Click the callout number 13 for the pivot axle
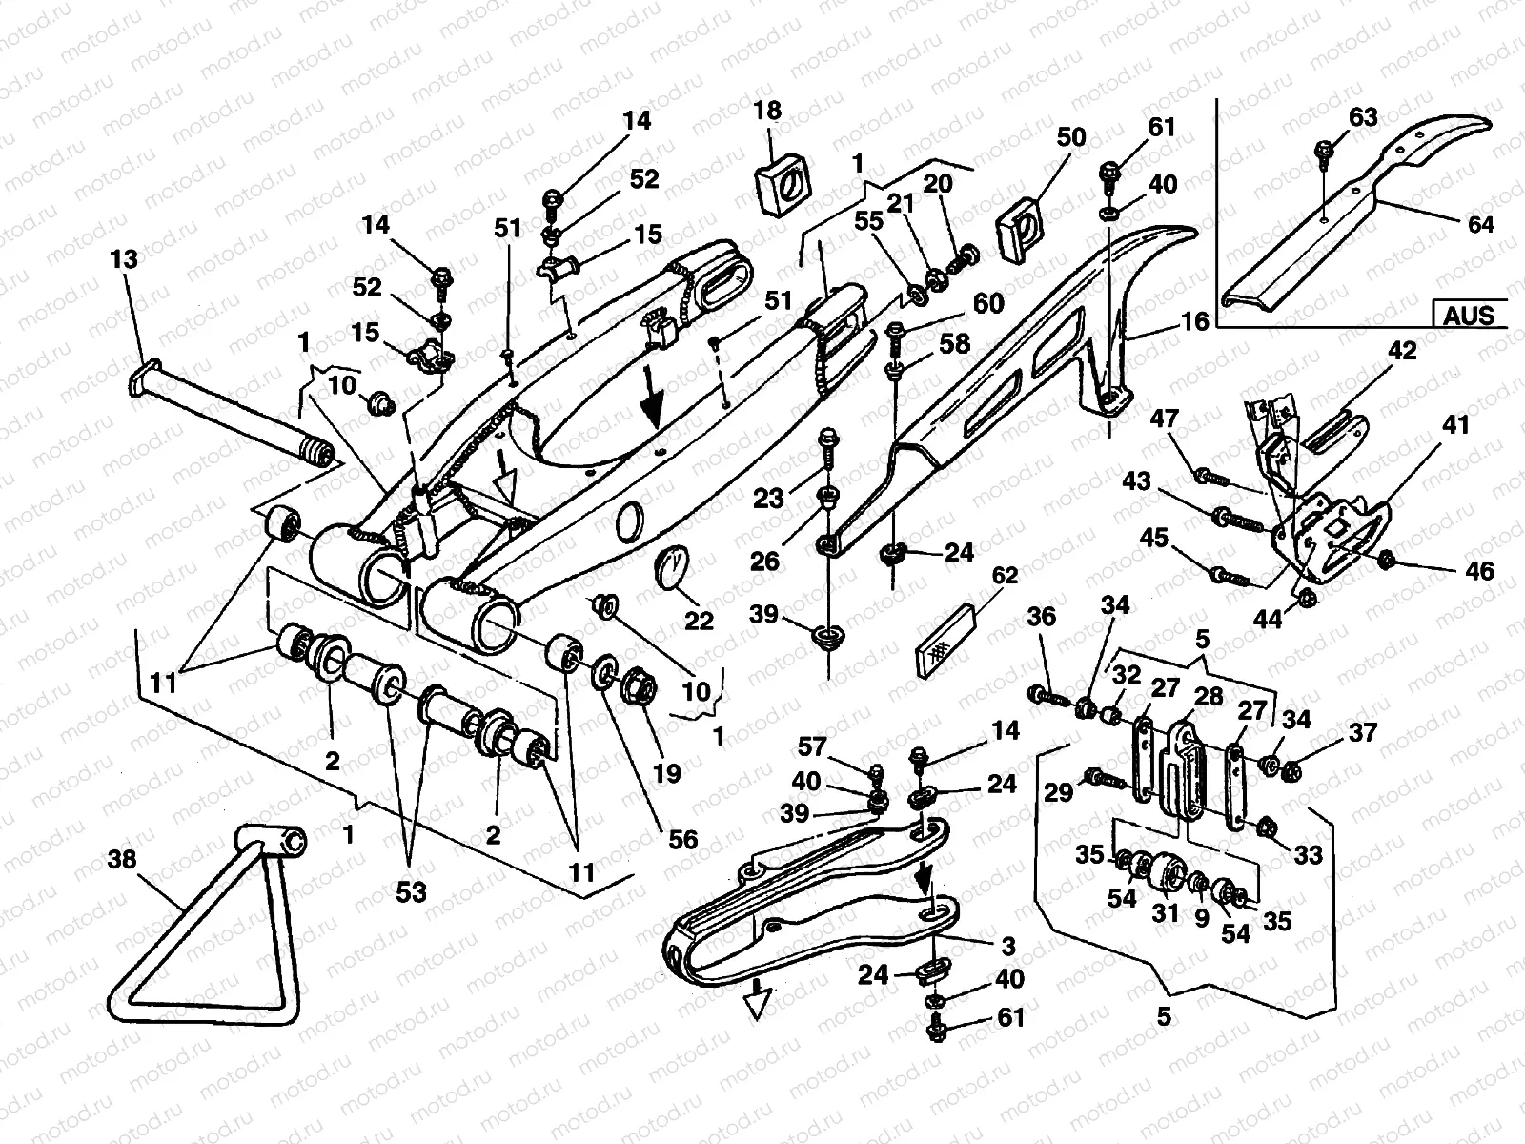click(124, 259)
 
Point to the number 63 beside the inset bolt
click(1363, 117)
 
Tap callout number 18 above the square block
click(767, 111)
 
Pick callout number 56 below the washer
click(684, 838)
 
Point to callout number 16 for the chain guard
click(1195, 321)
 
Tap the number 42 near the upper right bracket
click(1402, 350)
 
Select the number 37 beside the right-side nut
click(1363, 732)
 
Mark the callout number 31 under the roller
click(1165, 913)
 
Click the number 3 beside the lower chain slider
click(1008, 946)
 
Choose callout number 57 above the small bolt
click(814, 746)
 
